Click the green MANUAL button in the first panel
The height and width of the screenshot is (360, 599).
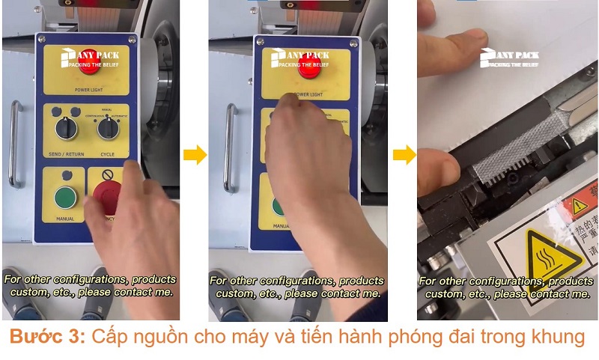[x=65, y=198]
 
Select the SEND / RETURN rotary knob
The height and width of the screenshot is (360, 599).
[x=66, y=128]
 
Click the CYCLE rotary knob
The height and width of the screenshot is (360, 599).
[x=108, y=129]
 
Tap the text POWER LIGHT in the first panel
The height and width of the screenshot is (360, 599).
[x=89, y=90]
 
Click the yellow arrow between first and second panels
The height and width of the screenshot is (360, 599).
[x=195, y=155]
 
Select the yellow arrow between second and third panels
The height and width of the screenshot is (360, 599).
[x=404, y=155]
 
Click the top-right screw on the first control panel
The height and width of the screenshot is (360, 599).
[x=133, y=39]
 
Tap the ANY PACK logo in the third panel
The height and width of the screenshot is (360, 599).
[x=509, y=58]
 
